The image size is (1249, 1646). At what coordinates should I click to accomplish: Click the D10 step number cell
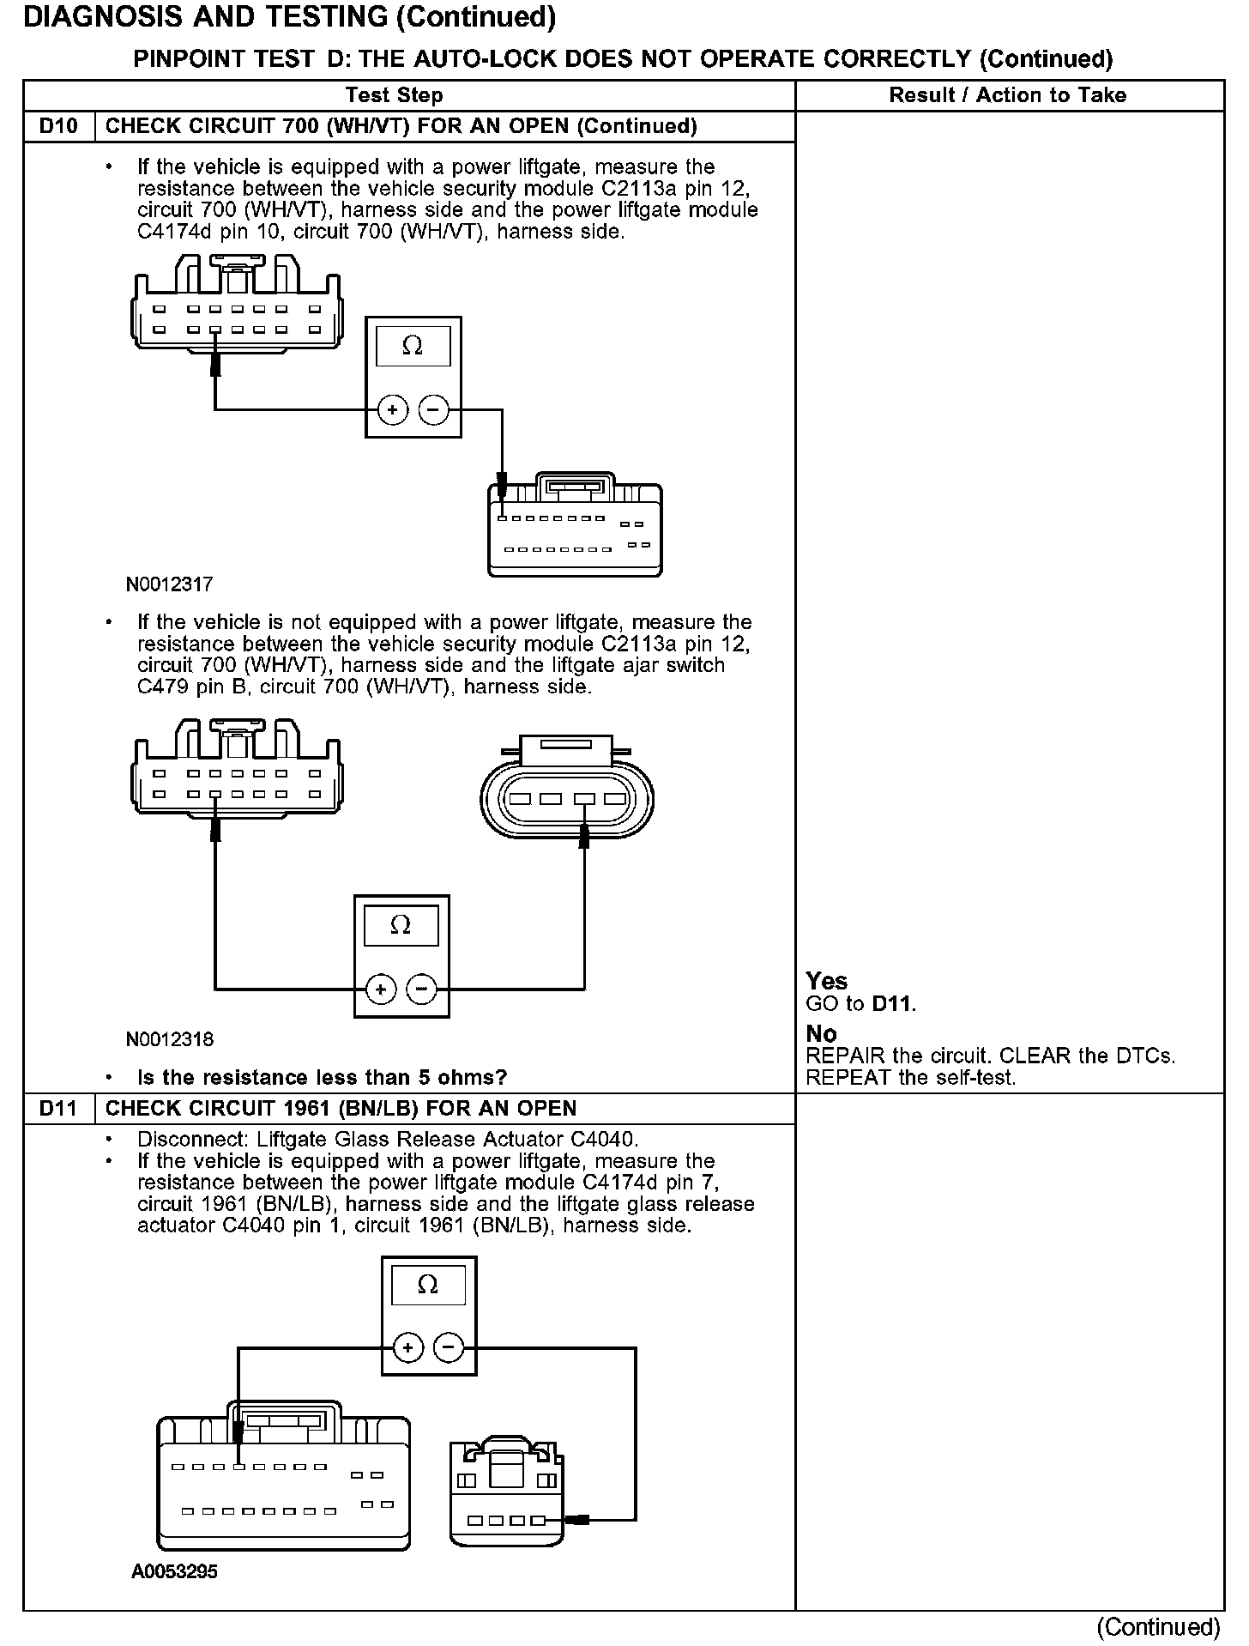[58, 127]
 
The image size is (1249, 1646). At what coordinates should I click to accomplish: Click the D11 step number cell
[58, 1109]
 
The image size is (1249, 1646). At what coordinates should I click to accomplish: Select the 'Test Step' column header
[394, 95]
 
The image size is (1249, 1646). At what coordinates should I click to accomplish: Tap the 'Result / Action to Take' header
[1007, 95]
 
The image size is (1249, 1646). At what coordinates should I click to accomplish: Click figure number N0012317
[169, 585]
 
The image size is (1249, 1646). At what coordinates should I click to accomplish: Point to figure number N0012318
[169, 1040]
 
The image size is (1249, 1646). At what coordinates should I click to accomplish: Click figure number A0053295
[174, 1572]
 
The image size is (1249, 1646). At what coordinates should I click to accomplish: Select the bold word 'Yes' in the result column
[826, 982]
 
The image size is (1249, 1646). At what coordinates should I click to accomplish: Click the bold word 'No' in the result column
[821, 1034]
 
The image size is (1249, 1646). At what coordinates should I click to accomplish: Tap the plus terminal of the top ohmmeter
[393, 410]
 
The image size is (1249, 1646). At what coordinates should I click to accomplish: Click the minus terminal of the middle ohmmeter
[421, 990]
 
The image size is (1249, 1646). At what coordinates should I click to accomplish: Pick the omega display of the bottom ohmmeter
[427, 1286]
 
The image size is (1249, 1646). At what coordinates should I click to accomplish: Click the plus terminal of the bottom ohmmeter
[408, 1348]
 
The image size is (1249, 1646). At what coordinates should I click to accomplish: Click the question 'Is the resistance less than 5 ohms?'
[322, 1078]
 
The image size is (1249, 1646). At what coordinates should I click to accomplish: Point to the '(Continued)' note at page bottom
[1157, 1627]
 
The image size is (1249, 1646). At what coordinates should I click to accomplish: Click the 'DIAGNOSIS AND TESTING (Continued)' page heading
[289, 17]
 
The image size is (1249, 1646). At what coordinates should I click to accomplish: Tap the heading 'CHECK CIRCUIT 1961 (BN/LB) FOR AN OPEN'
[341, 1109]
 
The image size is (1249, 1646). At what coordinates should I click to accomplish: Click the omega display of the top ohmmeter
[413, 346]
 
